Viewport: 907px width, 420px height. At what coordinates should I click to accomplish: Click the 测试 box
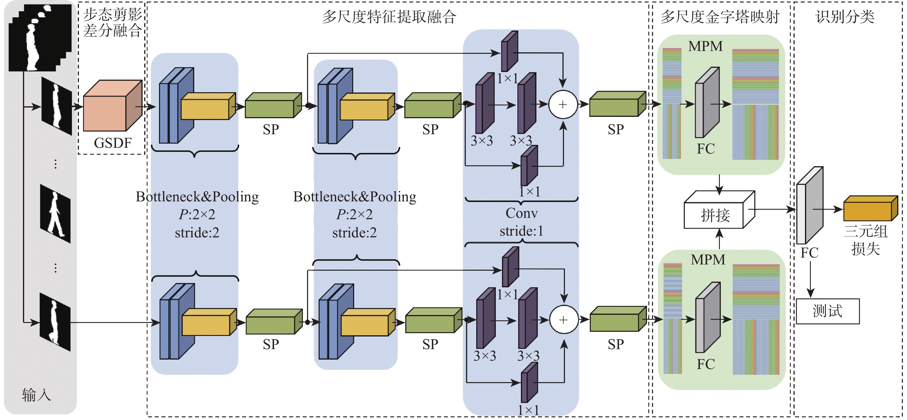coord(828,311)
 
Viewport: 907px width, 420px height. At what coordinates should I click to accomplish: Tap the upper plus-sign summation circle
coord(563,105)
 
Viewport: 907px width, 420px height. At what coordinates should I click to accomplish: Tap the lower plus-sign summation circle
coord(564,319)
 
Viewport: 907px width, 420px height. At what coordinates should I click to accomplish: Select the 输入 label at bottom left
coord(36,395)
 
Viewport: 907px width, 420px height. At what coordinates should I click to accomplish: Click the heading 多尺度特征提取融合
coord(389,16)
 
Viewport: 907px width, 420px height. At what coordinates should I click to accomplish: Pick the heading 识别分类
coord(845,16)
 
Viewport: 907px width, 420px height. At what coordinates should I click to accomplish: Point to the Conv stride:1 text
coord(521,222)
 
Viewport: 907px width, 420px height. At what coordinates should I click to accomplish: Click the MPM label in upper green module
coord(705,46)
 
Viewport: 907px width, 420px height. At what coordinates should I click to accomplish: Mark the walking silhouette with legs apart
coord(56,213)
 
